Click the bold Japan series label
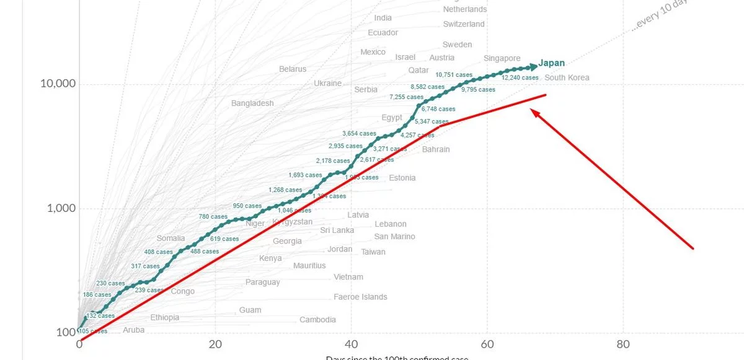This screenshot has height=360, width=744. pos(551,63)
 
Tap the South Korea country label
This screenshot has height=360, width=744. pos(567,77)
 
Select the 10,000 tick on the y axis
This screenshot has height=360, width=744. pos(58,84)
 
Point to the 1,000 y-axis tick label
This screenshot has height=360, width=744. pos(61,208)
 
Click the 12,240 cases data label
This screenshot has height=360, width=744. pos(520,78)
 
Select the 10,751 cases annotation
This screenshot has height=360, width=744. pos(454,75)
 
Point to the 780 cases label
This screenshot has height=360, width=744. pos(213,217)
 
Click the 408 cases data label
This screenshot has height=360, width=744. pos(158,252)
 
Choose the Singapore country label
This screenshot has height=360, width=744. pos(502,58)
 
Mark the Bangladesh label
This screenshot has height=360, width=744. pos(252,103)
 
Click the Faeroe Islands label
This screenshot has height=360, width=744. pos(360,297)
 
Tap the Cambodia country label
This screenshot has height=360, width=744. pos(317,320)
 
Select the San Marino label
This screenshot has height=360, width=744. pos(394,237)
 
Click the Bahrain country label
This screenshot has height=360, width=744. pos(436,149)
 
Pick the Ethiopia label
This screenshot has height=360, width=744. pos(164,317)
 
